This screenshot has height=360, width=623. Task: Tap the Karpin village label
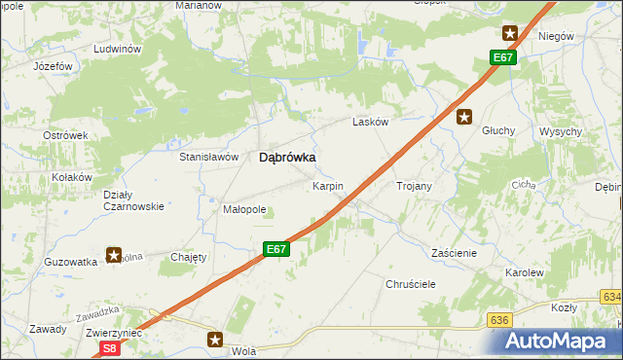[327, 185]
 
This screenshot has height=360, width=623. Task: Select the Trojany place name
[414, 185]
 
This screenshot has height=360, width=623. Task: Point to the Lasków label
[371, 122]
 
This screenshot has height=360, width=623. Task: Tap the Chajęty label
[189, 257]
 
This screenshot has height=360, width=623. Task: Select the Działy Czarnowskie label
[132, 200]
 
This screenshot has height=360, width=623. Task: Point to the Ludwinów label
[118, 49]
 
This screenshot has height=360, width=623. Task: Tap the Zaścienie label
[454, 252]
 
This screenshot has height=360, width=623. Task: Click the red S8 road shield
[110, 347]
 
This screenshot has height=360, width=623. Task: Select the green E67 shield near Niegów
[502, 58]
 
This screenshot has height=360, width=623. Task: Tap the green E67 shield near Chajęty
[276, 249]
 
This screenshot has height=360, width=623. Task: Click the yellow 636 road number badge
[500, 319]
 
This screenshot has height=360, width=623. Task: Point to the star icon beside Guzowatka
[114, 256]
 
